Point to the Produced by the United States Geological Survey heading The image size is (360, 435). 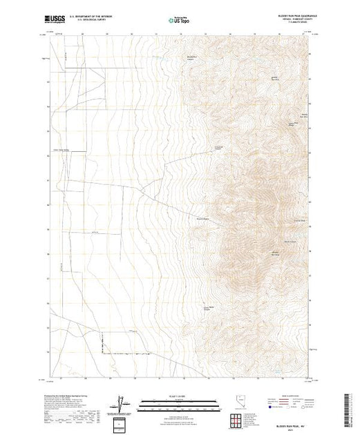tap(69, 394)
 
